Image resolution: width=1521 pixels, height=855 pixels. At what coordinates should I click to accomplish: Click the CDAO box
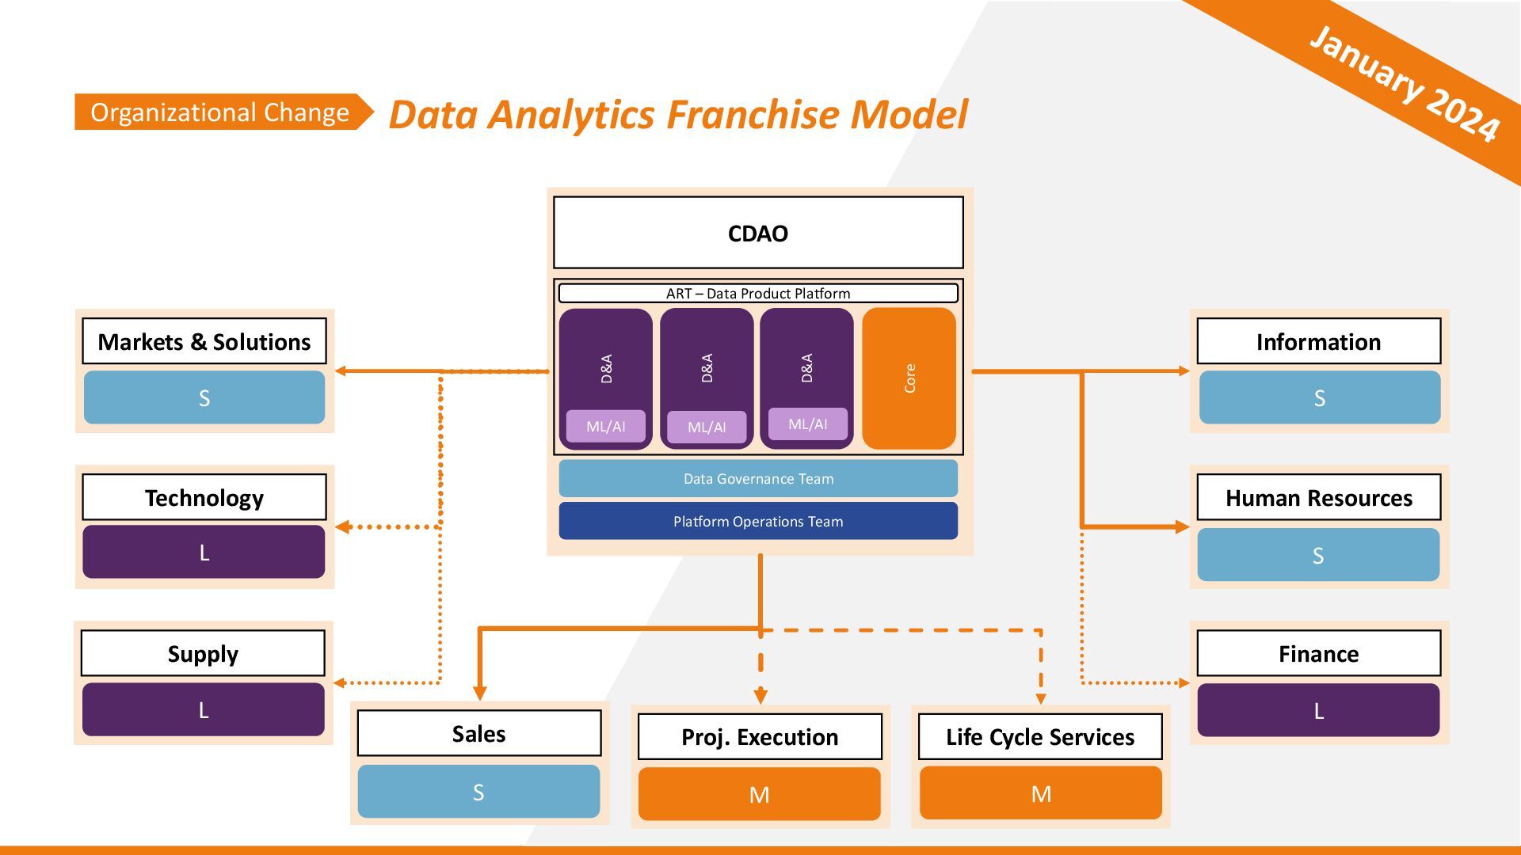coord(758,233)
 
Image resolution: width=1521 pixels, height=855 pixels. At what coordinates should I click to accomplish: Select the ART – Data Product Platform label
coord(758,293)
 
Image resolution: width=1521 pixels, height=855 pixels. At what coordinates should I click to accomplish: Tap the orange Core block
coord(909,378)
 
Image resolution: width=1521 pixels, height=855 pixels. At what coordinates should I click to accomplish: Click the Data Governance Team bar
coord(758,478)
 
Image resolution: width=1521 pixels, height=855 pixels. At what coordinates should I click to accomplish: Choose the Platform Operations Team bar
coord(758,521)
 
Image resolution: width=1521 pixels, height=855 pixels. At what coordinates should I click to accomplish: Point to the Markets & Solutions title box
coord(204,341)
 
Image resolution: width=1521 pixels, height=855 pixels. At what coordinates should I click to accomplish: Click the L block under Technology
coord(204,552)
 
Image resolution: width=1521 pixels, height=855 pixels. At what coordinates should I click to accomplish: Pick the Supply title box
coord(203,653)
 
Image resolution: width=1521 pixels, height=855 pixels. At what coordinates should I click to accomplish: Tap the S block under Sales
coord(478,792)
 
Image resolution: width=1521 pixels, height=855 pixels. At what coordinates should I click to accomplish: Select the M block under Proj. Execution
coord(759,794)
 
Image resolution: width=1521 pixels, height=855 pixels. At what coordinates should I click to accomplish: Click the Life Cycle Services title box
coord(1040,736)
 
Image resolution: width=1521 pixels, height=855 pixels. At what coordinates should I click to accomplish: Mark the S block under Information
coord(1319,397)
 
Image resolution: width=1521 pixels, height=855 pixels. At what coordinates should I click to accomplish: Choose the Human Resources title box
coord(1319,497)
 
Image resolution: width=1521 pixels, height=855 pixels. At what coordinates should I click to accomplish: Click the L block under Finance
coord(1318,710)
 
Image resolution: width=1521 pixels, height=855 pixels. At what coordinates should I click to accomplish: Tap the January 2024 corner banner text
coord(1405,83)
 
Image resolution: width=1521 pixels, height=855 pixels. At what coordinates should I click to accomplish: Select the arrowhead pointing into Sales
coord(479,693)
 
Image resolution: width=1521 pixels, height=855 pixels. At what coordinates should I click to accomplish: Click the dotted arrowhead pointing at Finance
coord(1184,682)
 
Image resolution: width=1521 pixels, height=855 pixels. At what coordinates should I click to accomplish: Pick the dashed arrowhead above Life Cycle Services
coord(1041,699)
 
